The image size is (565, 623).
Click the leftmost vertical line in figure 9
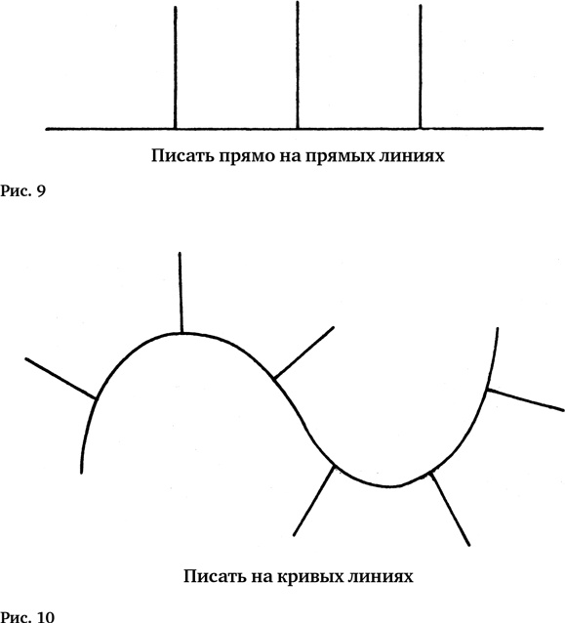(x=176, y=67)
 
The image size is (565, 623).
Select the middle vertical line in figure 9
(x=298, y=65)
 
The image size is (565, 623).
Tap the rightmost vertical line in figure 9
(x=421, y=66)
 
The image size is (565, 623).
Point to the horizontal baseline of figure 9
(x=295, y=129)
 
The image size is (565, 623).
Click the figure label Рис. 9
(x=23, y=191)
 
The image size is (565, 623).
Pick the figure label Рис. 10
(x=27, y=616)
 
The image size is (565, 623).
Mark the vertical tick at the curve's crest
(x=181, y=292)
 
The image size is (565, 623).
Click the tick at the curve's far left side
(x=61, y=378)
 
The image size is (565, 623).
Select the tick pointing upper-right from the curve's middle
(x=303, y=353)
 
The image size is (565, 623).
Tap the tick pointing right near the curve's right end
(x=525, y=399)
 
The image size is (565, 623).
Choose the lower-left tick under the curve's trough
(x=313, y=500)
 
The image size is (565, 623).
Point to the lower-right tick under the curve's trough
(x=451, y=509)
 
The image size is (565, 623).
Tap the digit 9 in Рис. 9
(x=41, y=191)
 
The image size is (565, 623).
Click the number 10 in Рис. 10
(x=46, y=616)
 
